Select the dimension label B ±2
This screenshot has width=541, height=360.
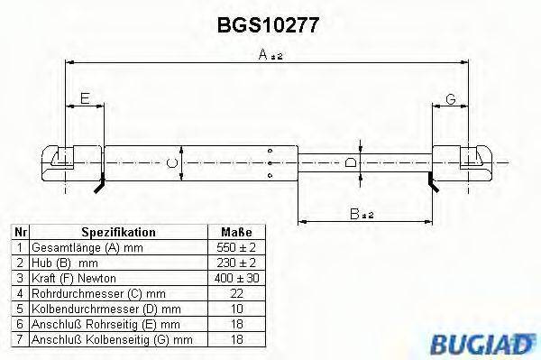coord(362,213)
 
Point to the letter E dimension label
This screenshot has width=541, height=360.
coord(85,98)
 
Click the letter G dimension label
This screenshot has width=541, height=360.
coord(449,98)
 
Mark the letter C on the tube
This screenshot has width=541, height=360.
coord(172,164)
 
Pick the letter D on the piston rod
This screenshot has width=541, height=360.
coord(351,163)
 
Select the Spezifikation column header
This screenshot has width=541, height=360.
coord(117,232)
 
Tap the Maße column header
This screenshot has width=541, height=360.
coord(237,232)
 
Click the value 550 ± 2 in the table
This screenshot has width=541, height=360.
coord(237,247)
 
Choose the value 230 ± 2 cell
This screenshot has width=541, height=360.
coord(237,263)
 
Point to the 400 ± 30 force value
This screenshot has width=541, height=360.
coord(237,278)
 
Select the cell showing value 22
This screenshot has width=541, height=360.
coord(237,293)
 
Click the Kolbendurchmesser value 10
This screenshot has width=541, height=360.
coord(237,309)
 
